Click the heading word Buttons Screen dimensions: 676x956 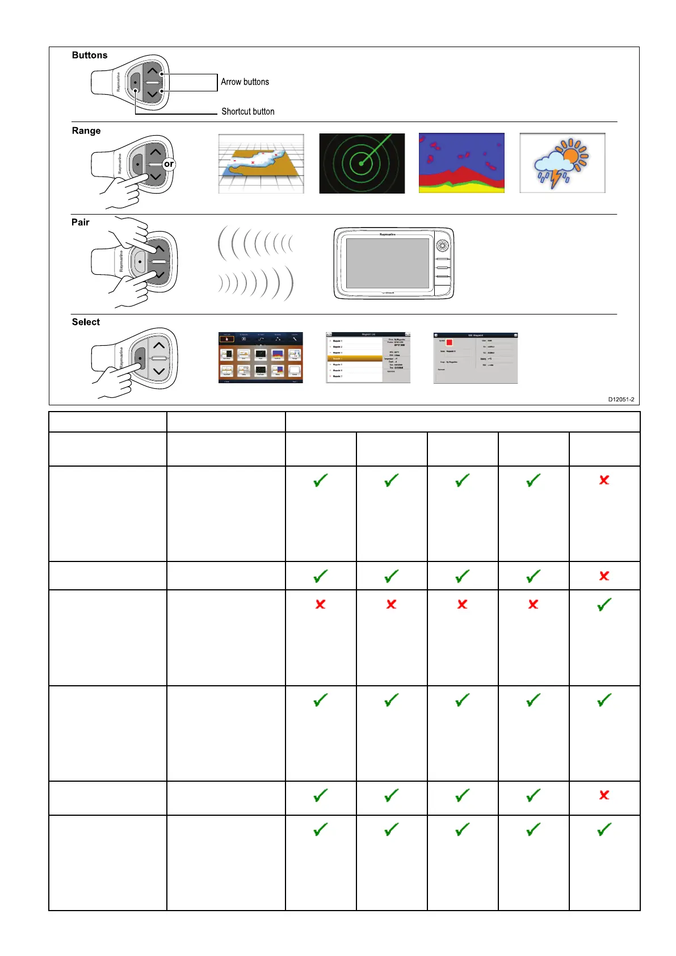coord(90,55)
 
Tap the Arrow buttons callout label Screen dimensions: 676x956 coord(245,82)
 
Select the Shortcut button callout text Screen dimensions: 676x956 coord(247,111)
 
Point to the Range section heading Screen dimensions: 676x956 coord(86,131)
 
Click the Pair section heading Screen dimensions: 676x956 coord(81,222)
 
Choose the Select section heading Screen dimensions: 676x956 coord(86,322)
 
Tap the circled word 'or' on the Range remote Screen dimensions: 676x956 coord(169,164)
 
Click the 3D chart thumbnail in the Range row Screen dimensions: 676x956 coord(261,163)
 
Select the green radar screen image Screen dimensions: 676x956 coord(362,163)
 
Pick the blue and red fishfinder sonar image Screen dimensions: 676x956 coord(461,163)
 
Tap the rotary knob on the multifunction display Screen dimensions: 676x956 coord(442,246)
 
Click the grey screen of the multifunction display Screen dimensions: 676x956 coord(388,263)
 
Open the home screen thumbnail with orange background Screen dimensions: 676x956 coord(261,358)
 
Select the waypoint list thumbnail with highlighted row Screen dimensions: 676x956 coord(368,358)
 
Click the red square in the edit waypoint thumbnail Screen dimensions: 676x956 coord(450,342)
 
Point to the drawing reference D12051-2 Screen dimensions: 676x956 coord(621,399)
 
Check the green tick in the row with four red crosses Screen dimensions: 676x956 coord(604,605)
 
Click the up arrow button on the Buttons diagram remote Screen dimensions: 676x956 coord(152,72)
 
